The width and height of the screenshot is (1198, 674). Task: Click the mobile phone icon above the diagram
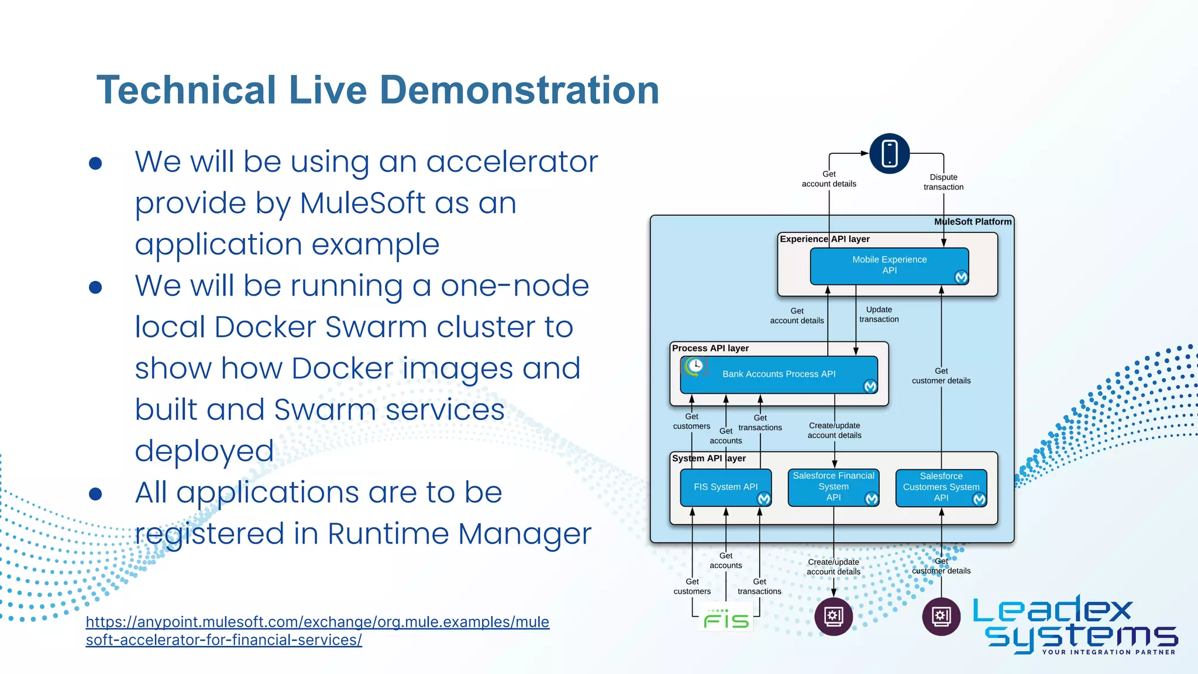tap(889, 153)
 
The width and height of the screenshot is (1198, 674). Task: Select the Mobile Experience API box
tap(889, 266)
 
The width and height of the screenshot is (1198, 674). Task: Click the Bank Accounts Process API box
tap(779, 374)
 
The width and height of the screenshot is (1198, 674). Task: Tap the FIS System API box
tap(725, 487)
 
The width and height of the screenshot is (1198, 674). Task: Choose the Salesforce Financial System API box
tap(833, 487)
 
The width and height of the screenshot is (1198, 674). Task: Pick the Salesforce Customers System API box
tap(941, 487)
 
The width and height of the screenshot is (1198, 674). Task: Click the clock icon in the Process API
tap(695, 366)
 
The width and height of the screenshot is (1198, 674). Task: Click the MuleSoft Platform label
tap(972, 222)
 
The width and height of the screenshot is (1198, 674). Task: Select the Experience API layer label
tap(824, 239)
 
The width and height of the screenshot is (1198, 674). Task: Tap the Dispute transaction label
tap(943, 182)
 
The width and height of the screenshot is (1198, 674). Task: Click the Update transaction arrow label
tap(879, 314)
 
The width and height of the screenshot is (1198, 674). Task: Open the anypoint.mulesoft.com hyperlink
tap(317, 622)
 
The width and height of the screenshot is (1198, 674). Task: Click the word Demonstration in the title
tap(519, 90)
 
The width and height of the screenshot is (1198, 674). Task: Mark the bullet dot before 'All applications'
tap(95, 494)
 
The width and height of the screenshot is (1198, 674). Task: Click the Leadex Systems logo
tap(1075, 625)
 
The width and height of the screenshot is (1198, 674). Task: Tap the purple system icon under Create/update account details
tap(833, 616)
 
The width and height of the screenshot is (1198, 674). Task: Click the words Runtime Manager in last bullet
tap(459, 534)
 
